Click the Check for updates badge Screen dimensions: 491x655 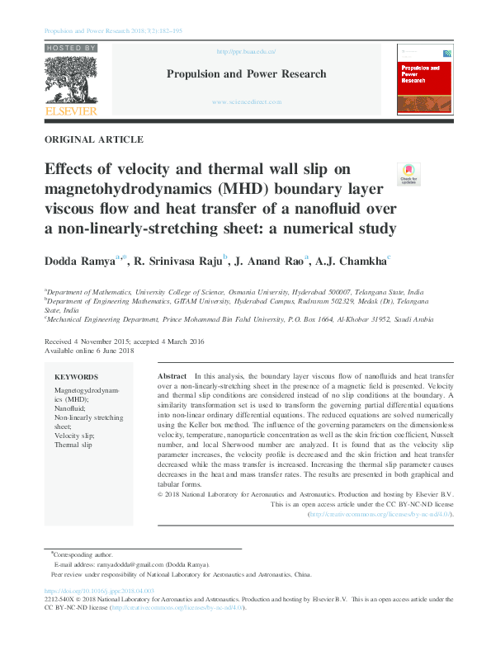(408, 174)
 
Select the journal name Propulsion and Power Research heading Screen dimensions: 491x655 (247, 74)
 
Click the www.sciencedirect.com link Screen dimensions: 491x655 (247, 102)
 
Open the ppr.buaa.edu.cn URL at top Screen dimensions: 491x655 (246, 51)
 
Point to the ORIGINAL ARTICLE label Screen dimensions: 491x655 (93, 140)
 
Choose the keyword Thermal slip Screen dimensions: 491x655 (73, 445)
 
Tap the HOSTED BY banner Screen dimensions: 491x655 (71, 49)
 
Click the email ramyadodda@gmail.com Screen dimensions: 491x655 (134, 564)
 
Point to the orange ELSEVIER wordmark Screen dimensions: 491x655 (71, 111)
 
